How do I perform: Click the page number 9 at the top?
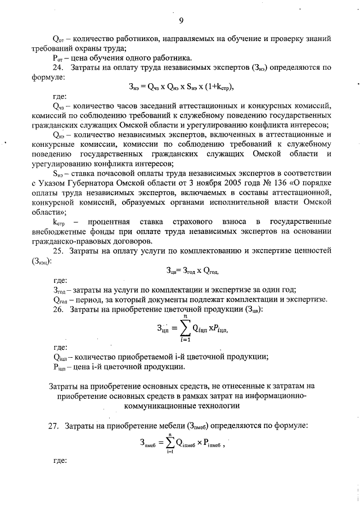pyautogui.click(x=181, y=21)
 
